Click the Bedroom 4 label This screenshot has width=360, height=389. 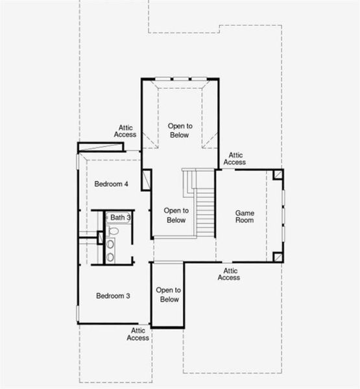pyautogui.click(x=112, y=184)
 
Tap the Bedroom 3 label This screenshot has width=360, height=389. pyautogui.click(x=114, y=296)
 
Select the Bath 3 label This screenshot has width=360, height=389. pyautogui.click(x=120, y=217)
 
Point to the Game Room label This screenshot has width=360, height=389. pyautogui.click(x=245, y=217)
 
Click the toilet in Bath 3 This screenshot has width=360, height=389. pyautogui.click(x=113, y=230)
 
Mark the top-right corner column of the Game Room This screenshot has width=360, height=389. pyautogui.click(x=278, y=175)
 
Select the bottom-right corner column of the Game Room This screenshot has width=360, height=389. pyautogui.click(x=278, y=256)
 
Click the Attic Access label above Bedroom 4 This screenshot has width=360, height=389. pyautogui.click(x=125, y=131)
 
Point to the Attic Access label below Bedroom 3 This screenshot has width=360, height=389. pyautogui.click(x=138, y=334)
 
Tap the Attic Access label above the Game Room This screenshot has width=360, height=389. pyautogui.click(x=235, y=159)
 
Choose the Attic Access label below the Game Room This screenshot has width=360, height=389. pyautogui.click(x=228, y=274)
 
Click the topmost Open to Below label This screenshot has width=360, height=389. pyautogui.click(x=178, y=130)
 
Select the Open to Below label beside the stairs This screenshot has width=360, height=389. pyautogui.click(x=175, y=215)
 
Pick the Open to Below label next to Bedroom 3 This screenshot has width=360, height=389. pyautogui.click(x=169, y=295)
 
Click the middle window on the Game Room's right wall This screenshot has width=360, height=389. pyautogui.click(x=283, y=216)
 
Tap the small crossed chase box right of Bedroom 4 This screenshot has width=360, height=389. pyautogui.click(x=146, y=180)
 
